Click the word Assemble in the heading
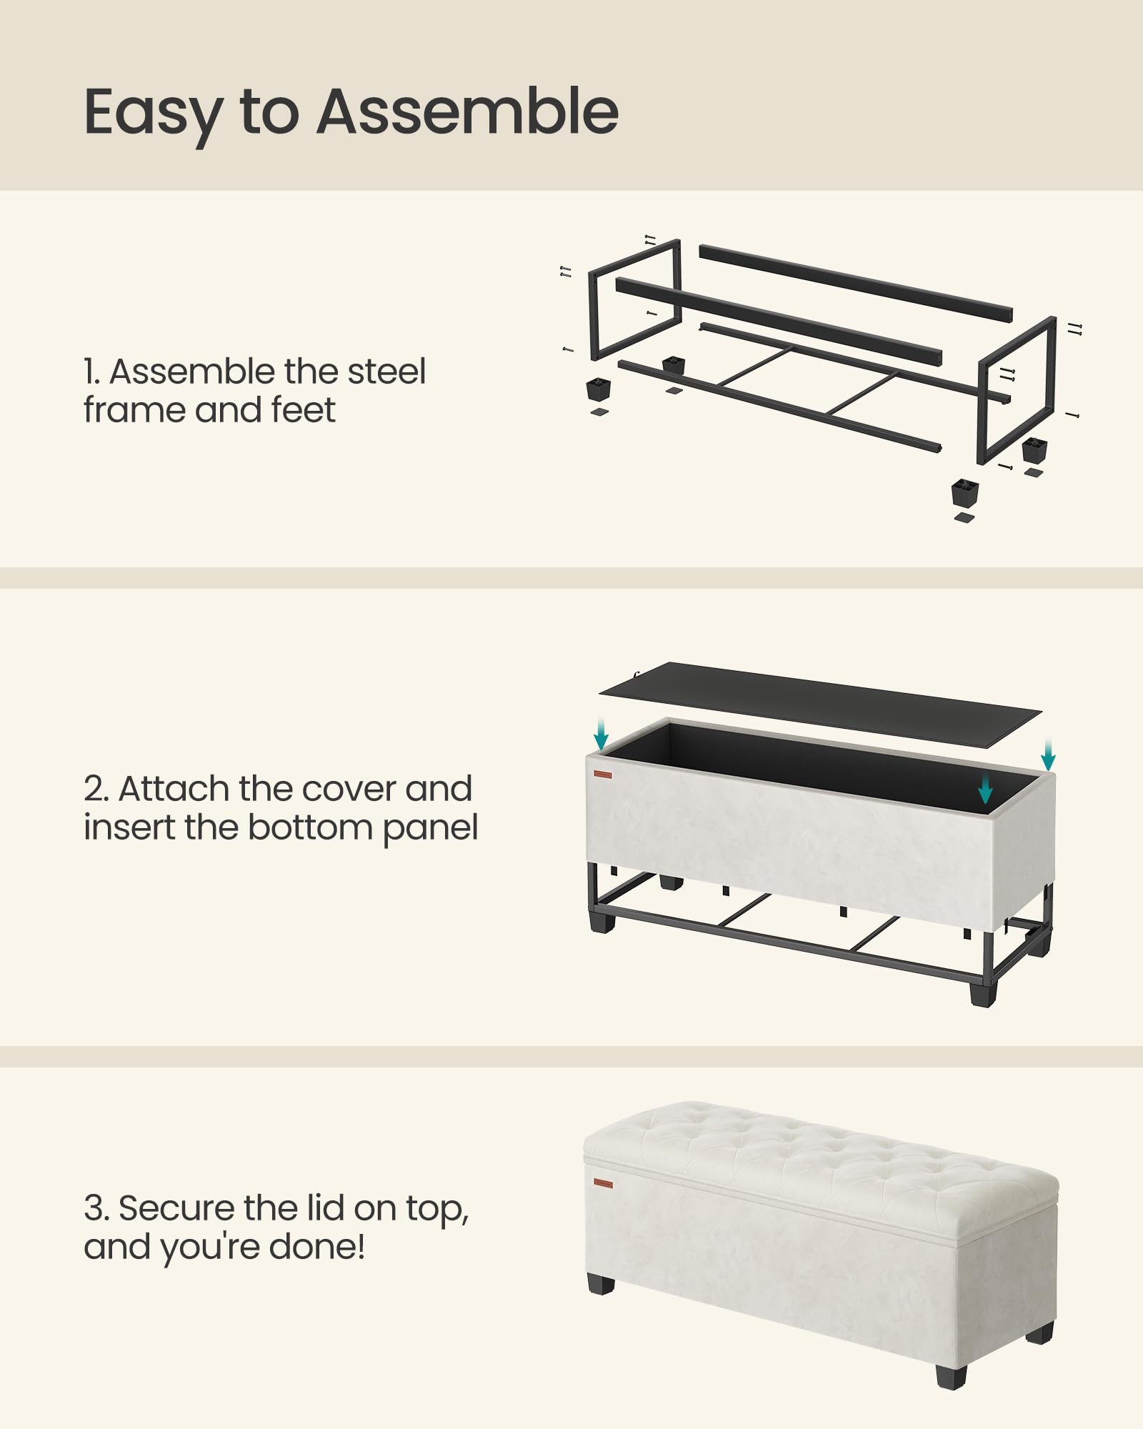pyautogui.click(x=467, y=112)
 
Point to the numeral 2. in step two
pyautogui.click(x=96, y=790)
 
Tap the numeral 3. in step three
pyautogui.click(x=96, y=1209)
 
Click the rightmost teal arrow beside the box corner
pyautogui.click(x=1048, y=755)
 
